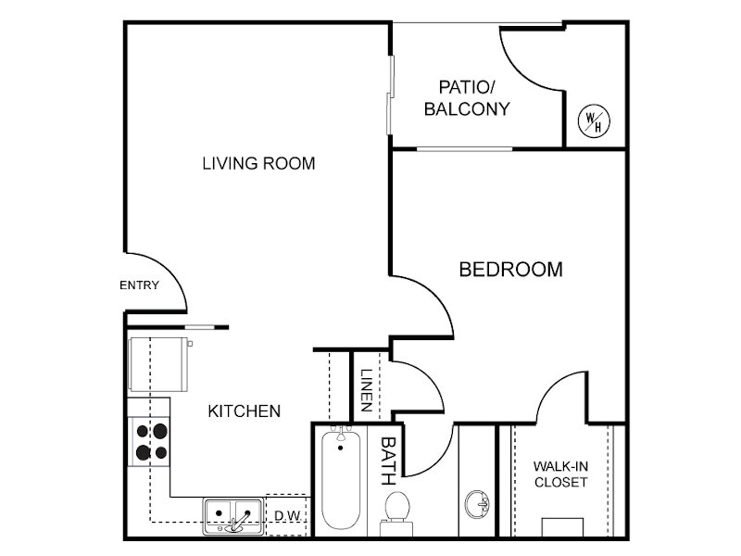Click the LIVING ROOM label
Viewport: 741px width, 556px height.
[258, 164]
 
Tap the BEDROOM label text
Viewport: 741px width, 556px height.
[511, 270]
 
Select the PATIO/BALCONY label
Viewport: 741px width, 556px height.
[467, 98]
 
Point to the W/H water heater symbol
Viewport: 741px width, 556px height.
[594, 121]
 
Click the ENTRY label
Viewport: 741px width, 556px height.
[140, 285]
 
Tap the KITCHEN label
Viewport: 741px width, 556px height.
[245, 411]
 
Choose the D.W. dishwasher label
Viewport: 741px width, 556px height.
[287, 516]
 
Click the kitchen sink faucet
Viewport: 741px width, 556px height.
[239, 523]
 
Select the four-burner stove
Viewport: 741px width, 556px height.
[148, 442]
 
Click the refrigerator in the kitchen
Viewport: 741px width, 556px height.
[159, 364]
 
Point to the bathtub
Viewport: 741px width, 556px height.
[340, 479]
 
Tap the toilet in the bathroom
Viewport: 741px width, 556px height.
[396, 513]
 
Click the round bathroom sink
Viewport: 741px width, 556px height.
[476, 504]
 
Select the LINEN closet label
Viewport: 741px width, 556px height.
[366, 390]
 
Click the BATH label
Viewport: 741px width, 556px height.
[388, 461]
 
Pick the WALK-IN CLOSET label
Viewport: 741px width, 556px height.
[561, 474]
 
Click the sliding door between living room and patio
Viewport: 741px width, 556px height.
[390, 95]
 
